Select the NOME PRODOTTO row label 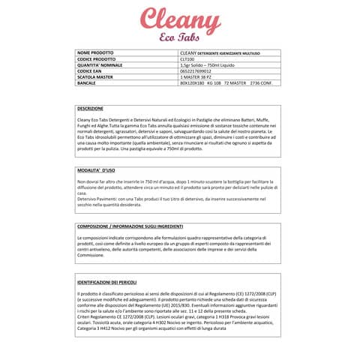point(97,52)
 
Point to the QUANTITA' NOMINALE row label point(100,64)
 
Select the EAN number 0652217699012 point(196,70)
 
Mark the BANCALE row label point(87,82)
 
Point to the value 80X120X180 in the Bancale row point(193,82)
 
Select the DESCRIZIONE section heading point(91,108)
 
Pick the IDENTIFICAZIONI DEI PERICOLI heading point(112,281)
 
